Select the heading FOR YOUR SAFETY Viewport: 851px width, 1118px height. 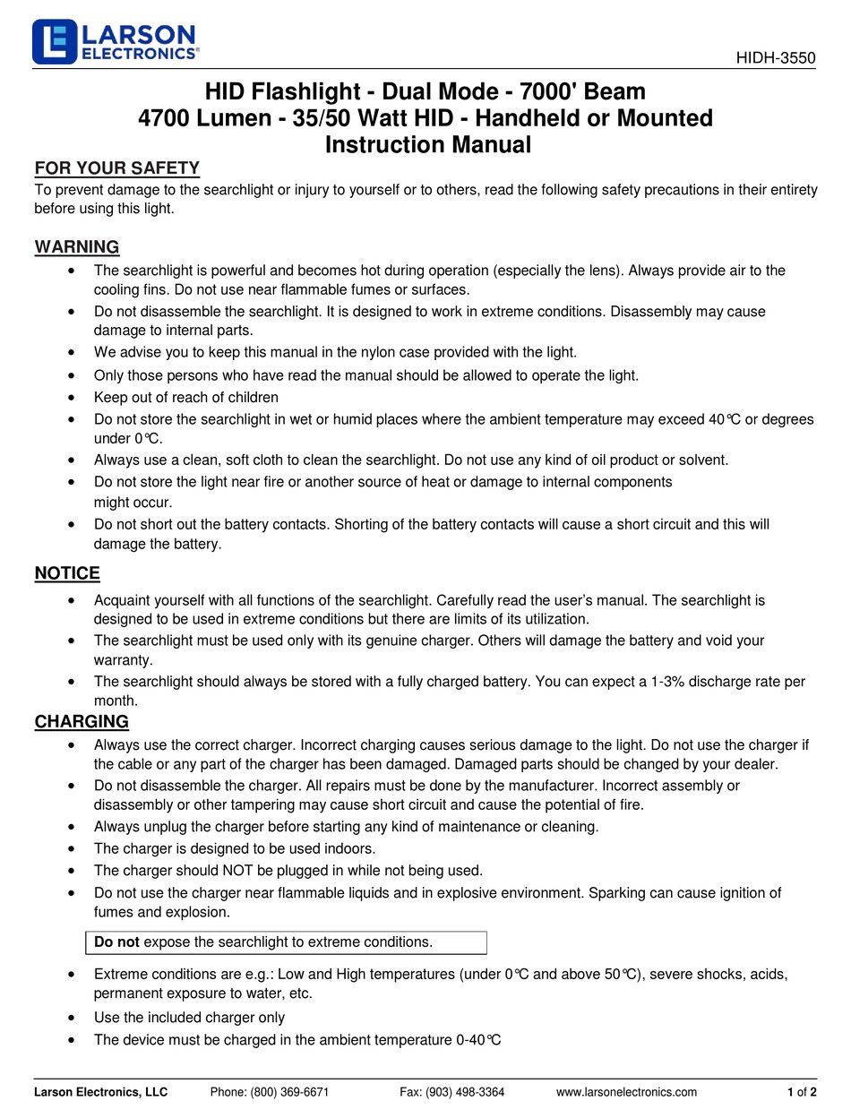pyautogui.click(x=116, y=168)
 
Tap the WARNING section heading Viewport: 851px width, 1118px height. pyautogui.click(x=77, y=247)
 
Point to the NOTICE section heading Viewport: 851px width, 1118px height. pyautogui.click(x=67, y=573)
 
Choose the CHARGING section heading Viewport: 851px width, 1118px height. pyautogui.click(x=82, y=721)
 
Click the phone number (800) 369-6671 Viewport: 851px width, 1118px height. pyautogui.click(x=270, y=1091)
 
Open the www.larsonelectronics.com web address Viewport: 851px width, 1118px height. pyautogui.click(x=626, y=1091)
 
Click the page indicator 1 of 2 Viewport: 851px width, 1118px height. pyautogui.click(x=802, y=1091)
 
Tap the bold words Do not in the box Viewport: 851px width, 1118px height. pyautogui.click(x=116, y=942)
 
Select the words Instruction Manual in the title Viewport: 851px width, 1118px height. pyautogui.click(x=427, y=144)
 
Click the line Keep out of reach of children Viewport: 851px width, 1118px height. pyautogui.click(x=186, y=397)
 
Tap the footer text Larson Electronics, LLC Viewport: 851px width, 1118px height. pyautogui.click(x=100, y=1091)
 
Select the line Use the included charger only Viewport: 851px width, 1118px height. pyautogui.click(x=189, y=1017)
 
